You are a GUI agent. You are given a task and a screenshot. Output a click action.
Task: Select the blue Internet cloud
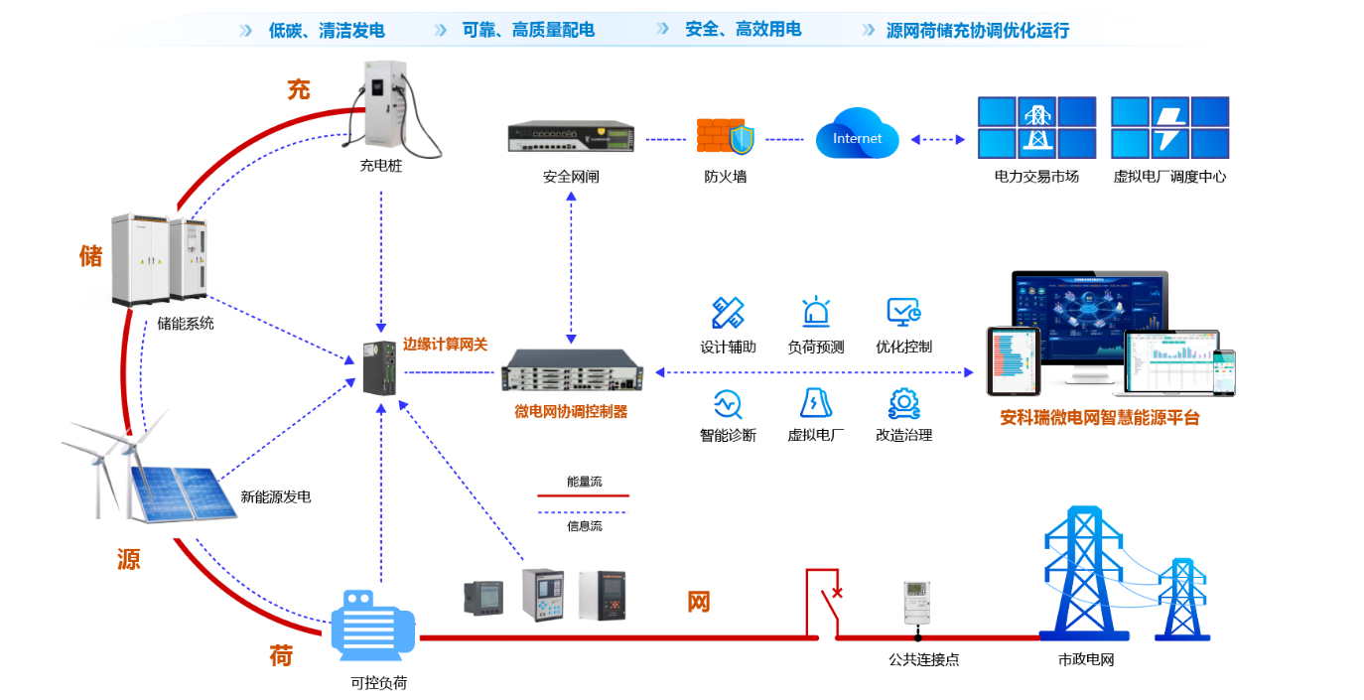857,137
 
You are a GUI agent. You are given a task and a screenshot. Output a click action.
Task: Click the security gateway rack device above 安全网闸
571,137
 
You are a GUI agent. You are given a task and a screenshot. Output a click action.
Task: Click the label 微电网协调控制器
571,411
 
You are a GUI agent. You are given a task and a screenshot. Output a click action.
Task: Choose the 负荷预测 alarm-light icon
816,313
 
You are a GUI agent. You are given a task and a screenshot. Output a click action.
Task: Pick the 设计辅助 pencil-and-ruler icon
728,313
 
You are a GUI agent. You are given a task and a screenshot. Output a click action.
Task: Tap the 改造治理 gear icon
903,402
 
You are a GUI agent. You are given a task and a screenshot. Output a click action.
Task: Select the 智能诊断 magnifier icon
728,403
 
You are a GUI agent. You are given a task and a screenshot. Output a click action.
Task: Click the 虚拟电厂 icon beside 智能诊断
815,402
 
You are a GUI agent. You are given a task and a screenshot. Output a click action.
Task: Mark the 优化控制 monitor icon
903,313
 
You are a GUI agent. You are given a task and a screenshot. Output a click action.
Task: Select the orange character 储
90,256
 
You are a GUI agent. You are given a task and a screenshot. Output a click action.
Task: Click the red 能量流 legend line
583,494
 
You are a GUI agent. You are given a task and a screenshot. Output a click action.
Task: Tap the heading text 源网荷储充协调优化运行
977,31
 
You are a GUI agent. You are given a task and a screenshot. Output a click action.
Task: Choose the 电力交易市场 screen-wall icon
1036,127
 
